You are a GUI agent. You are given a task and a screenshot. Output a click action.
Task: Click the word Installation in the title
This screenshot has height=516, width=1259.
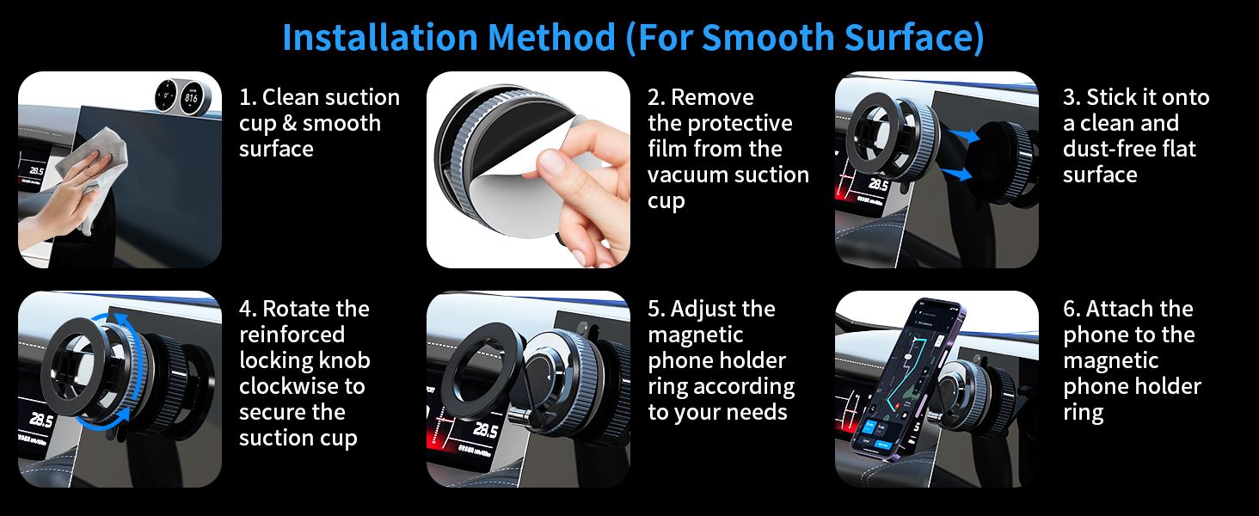click(x=380, y=37)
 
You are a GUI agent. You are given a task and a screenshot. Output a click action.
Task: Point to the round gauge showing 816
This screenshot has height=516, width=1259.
click(x=192, y=97)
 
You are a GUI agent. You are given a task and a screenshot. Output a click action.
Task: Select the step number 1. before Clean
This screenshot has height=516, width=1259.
click(x=248, y=97)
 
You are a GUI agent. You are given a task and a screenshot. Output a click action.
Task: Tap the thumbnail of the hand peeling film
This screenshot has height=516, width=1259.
click(x=528, y=169)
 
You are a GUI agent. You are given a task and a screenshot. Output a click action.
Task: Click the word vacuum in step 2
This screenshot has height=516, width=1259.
click(x=686, y=175)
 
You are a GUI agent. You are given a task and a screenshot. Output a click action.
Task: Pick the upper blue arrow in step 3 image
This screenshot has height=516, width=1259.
click(x=962, y=136)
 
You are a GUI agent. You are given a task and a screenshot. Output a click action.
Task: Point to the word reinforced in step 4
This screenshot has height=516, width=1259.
click(x=292, y=335)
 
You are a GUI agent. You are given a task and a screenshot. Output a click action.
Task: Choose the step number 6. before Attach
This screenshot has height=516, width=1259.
click(x=1072, y=309)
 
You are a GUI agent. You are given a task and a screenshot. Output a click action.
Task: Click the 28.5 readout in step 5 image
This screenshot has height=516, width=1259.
click(x=483, y=431)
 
